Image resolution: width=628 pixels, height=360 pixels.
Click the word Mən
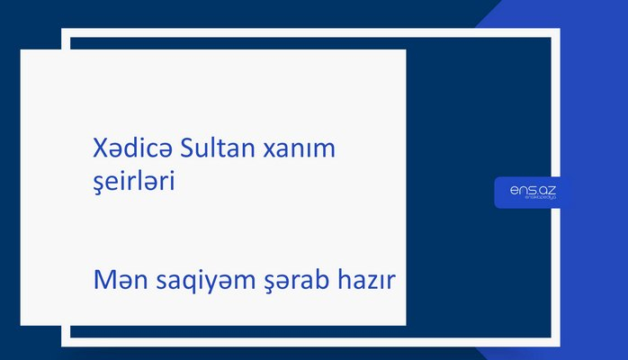pyautogui.click(x=120, y=283)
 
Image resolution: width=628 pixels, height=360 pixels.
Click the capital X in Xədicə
pyautogui.click(x=100, y=147)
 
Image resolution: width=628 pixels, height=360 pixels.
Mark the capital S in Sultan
pyautogui.click(x=187, y=147)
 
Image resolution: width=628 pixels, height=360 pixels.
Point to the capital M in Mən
pyautogui.click(x=104, y=283)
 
